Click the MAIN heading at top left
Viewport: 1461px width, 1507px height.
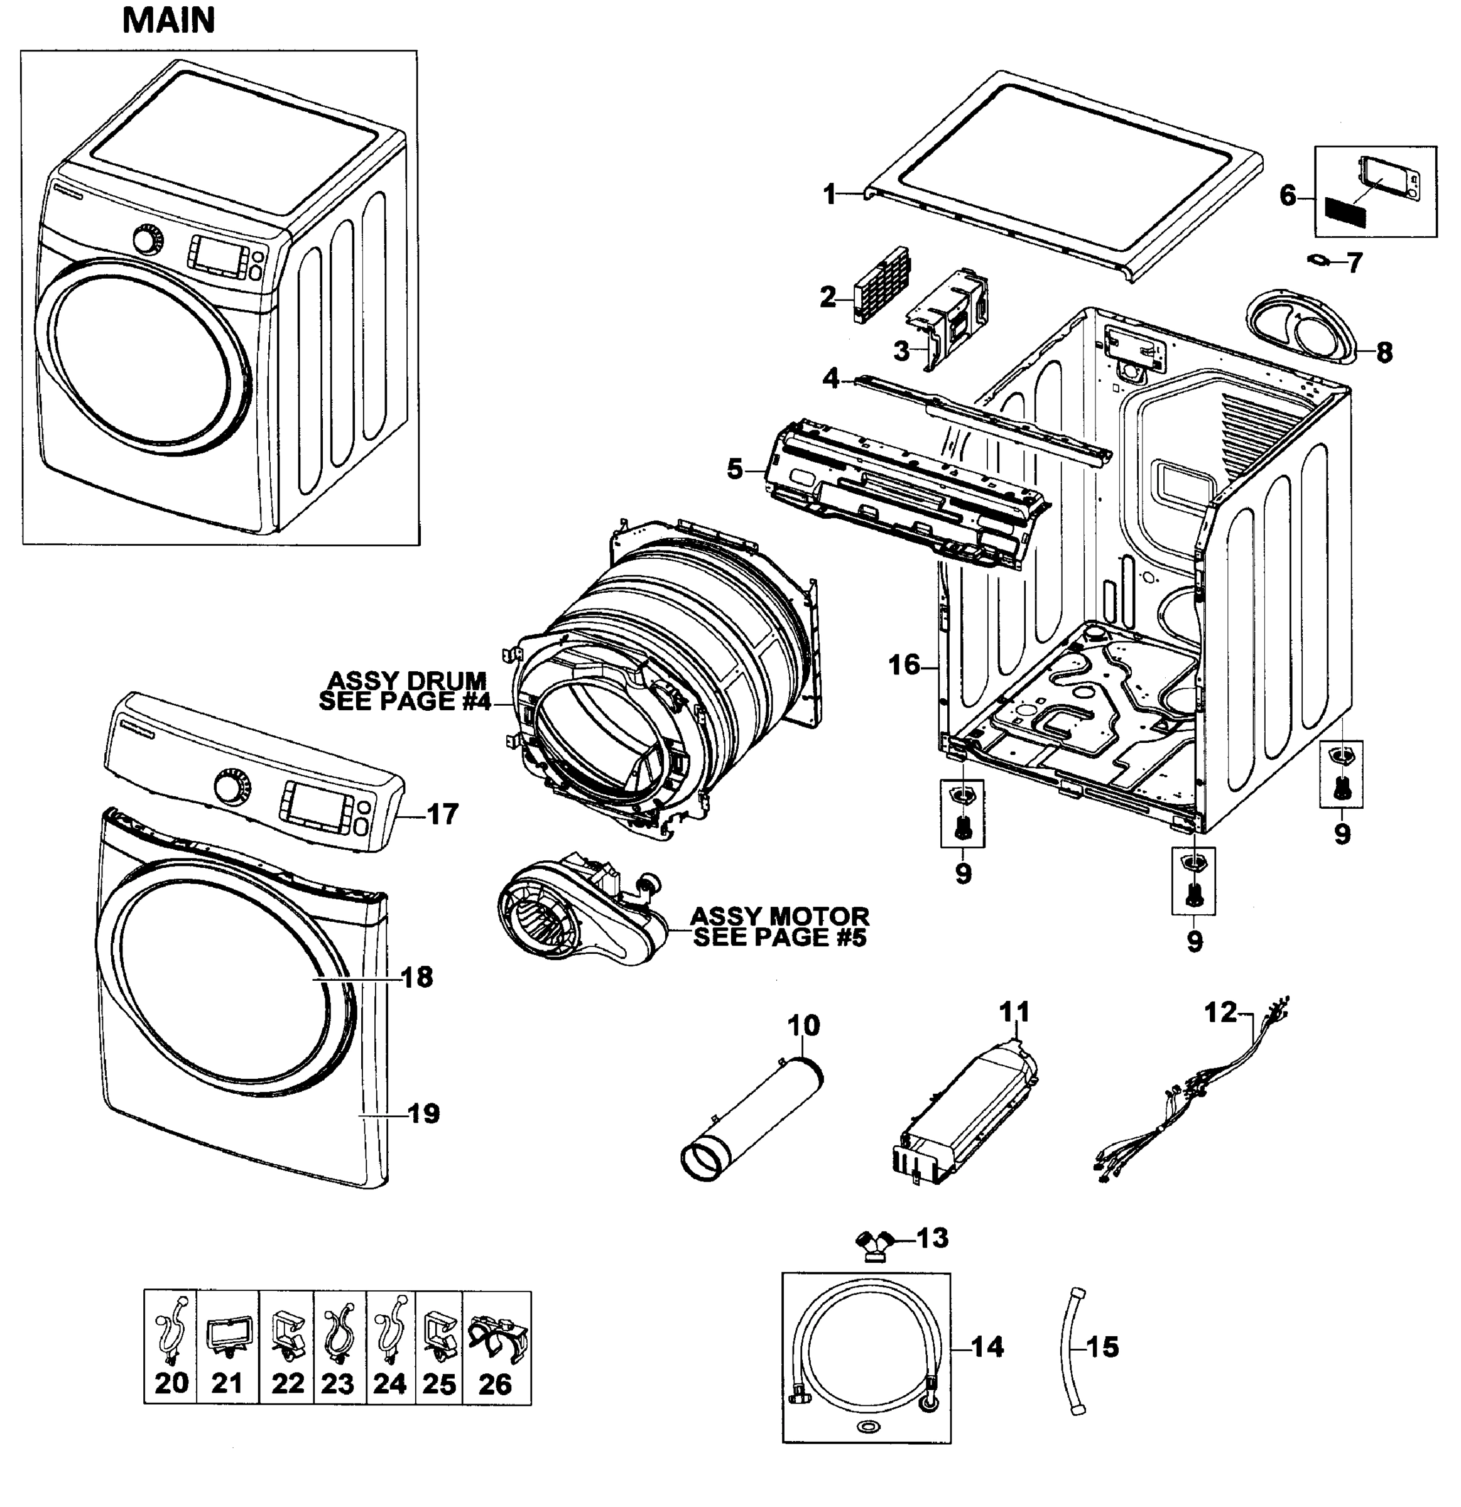[168, 21]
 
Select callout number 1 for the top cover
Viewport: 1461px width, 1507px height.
[829, 195]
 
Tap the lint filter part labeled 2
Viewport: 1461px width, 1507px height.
[881, 284]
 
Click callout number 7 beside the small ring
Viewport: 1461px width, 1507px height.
[1354, 262]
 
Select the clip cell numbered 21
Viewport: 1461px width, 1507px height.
[227, 1346]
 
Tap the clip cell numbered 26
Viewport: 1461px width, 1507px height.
[496, 1346]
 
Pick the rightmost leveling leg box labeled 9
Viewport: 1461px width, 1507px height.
[1342, 774]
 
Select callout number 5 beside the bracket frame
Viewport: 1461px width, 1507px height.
[735, 468]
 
